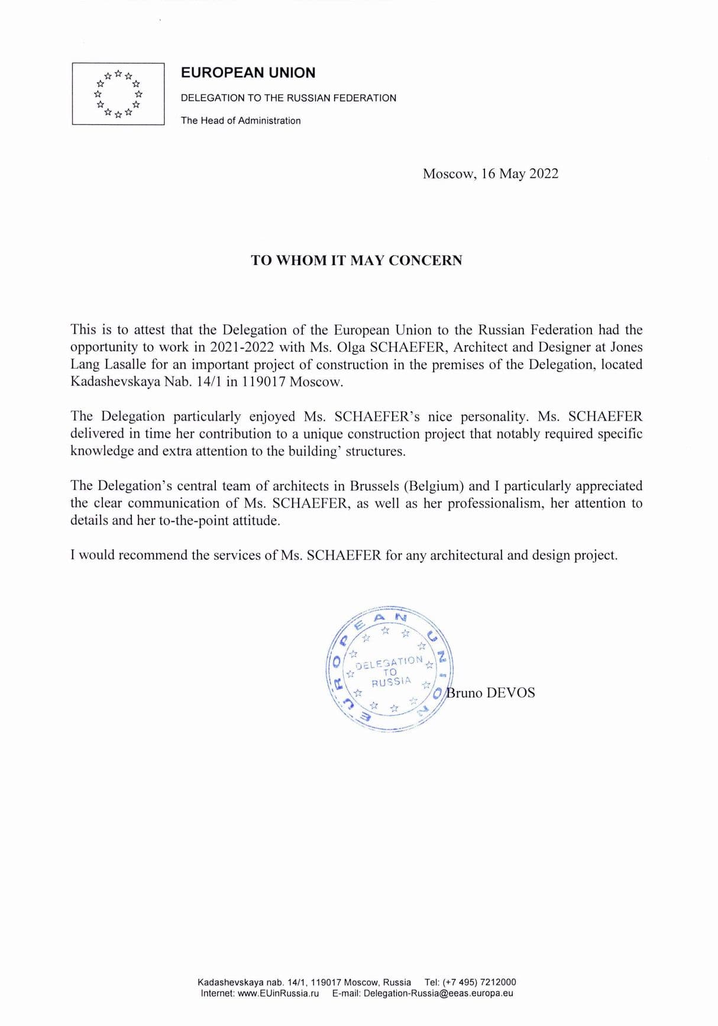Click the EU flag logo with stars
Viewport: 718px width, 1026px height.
pos(118,93)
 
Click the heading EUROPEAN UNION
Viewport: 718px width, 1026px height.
pos(248,73)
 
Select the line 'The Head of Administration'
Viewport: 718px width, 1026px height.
pos(241,121)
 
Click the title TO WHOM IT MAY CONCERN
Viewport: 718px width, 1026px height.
pos(357,260)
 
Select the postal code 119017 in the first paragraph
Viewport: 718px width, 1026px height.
pos(263,382)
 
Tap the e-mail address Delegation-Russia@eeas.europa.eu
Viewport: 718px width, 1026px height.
pos(438,993)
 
